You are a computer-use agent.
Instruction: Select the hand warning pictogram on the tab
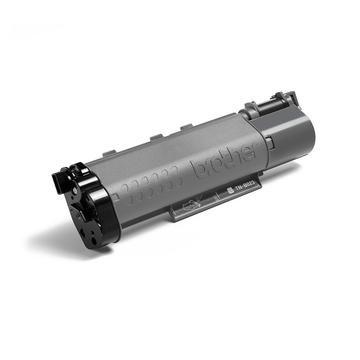coord(192,203)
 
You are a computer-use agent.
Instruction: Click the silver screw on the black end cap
coord(75,190)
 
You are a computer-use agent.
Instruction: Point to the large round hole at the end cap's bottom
coord(94,241)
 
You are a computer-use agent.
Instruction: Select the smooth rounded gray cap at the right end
coord(290,135)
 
